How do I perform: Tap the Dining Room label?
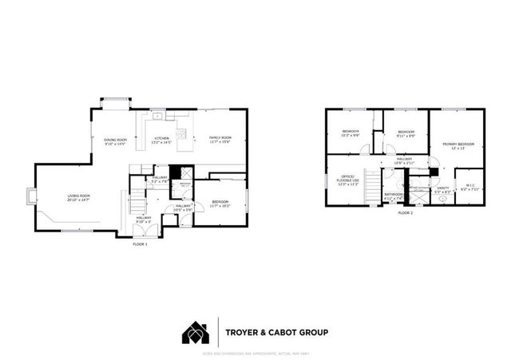(116, 142)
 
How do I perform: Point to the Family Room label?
(220, 140)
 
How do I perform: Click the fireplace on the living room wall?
(31, 196)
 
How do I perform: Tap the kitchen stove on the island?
(181, 133)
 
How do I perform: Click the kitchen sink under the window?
(157, 117)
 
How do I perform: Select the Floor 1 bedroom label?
(220, 204)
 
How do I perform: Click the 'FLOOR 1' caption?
(141, 243)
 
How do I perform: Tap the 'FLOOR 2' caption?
(405, 213)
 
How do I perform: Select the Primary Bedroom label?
(458, 146)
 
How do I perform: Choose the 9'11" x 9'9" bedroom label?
(406, 134)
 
